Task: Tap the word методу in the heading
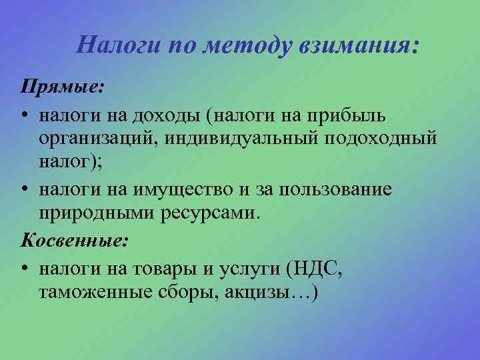236,45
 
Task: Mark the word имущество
189,190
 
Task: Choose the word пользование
340,190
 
